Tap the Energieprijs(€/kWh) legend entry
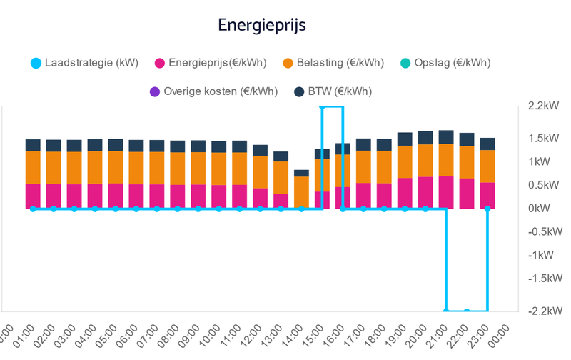coord(211,63)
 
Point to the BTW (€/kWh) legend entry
coord(333,91)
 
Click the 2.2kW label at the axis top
coord(543,106)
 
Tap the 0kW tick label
coord(540,209)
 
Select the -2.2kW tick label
coord(542,311)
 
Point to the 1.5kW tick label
coord(543,139)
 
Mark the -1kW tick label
coord(540,255)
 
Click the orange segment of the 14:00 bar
coord(301,191)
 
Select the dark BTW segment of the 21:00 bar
coord(446,137)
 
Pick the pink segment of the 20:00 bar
coord(425,193)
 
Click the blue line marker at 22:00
coord(467,311)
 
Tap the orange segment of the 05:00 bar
coord(115,168)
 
